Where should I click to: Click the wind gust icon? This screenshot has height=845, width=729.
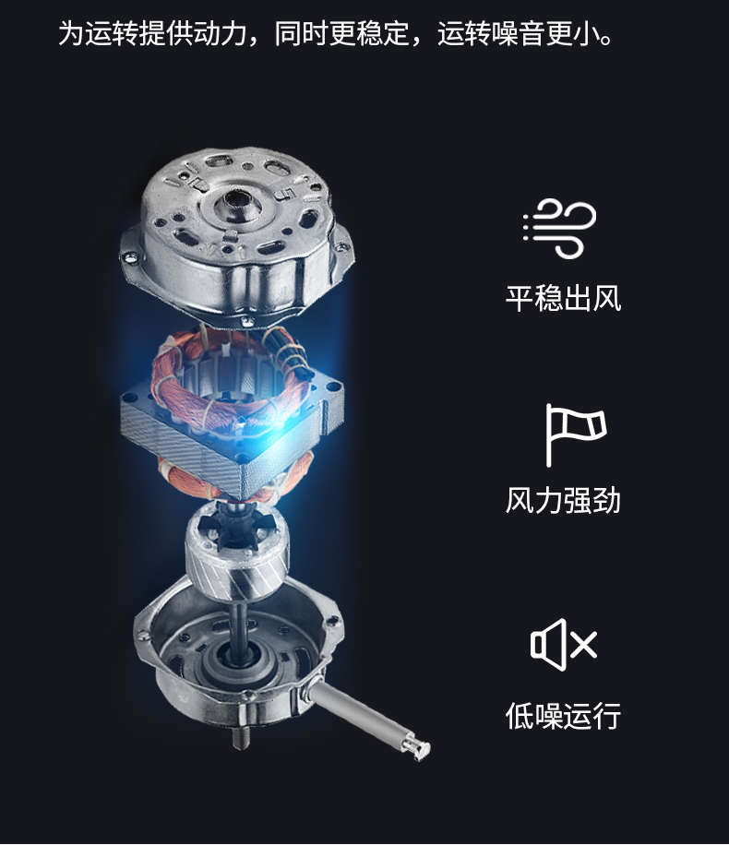coord(560,228)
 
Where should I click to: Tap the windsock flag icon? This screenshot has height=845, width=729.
coord(575,434)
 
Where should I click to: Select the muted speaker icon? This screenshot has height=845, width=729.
coord(564,644)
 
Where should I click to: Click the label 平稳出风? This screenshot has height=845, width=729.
coord(563,298)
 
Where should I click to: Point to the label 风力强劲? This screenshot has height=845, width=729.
coord(563,500)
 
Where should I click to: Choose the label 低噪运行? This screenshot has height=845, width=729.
coord(563,716)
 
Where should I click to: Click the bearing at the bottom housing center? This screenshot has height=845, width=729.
coord(235,660)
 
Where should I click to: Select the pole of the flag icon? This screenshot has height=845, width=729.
coord(548,434)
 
